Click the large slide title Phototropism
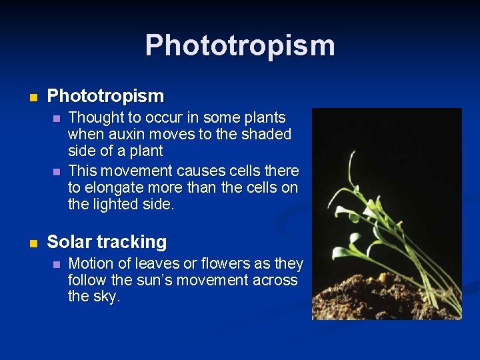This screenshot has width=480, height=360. (x=240, y=46)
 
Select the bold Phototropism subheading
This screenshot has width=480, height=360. (x=105, y=96)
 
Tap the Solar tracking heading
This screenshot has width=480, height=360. (x=107, y=242)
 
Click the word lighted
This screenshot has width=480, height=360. (x=116, y=205)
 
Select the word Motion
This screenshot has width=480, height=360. (x=91, y=264)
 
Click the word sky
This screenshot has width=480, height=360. (x=105, y=297)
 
